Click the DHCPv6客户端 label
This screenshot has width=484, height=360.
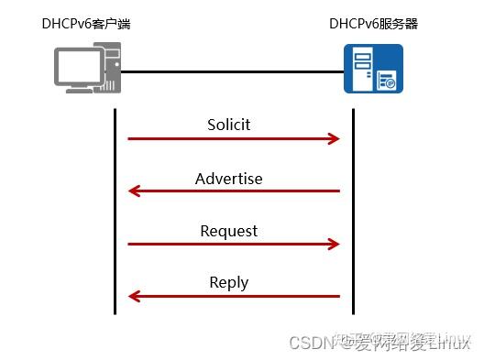pos(86,23)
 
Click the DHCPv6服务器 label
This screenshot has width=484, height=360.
pos(373,23)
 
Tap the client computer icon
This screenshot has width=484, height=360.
pos(86,71)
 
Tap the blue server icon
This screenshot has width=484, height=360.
pos(373,71)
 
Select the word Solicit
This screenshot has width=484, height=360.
pos(229,124)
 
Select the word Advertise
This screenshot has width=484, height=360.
pos(229,178)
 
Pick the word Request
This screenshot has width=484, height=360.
pos(229,231)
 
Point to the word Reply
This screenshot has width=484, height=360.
pos(229,282)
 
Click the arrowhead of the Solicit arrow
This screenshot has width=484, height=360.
pos(335,138)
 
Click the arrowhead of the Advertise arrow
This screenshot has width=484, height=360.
pos(133,191)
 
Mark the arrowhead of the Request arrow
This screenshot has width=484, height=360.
pos(335,245)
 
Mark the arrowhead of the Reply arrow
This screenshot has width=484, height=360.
pos(133,296)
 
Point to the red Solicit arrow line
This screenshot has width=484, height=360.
pos(229,138)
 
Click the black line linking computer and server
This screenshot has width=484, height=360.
pos(229,71)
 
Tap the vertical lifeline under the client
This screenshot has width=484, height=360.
pos(115,211)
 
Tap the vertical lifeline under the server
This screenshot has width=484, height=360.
pos(353,211)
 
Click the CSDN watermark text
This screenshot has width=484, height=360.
pos(310,343)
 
